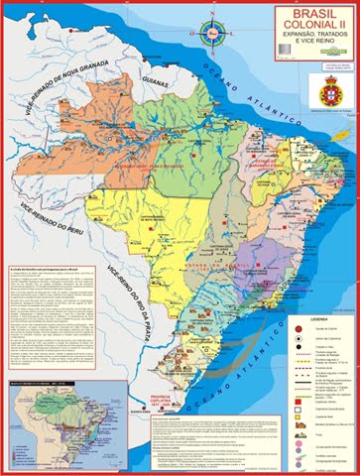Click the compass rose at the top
pos(212,31)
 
